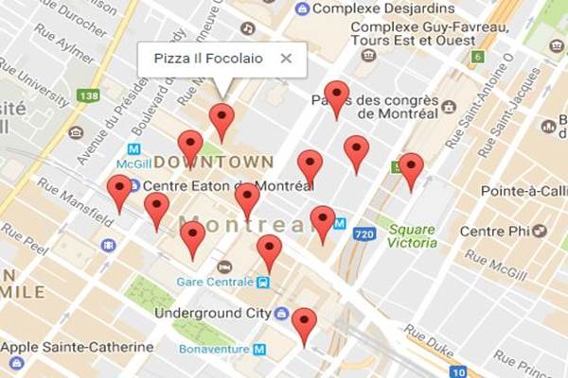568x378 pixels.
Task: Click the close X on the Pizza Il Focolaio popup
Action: pos(286,59)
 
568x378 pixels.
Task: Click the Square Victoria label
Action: pos(412,235)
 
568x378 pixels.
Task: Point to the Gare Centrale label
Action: pos(215,282)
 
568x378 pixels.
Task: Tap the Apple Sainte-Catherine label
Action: pos(78,346)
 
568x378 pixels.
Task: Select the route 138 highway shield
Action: pos(91,95)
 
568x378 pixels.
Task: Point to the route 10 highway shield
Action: pos(457,371)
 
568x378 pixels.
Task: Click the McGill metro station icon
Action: pos(133,149)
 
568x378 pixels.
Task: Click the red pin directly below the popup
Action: pos(222,120)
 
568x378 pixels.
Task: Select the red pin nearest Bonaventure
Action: pos(304,324)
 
